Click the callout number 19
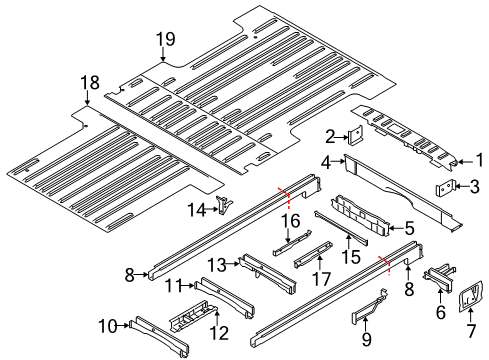coord(165,40)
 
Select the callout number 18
coord(90,82)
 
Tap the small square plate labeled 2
coord(353,139)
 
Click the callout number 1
coord(477,157)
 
